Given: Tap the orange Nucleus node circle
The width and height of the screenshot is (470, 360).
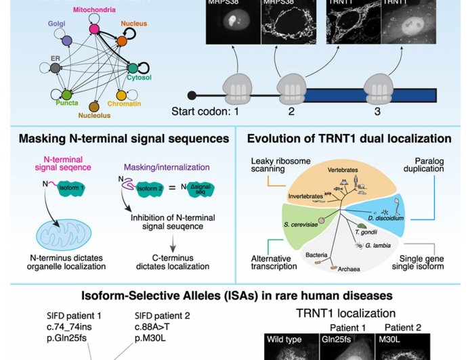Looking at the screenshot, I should (x=122, y=41).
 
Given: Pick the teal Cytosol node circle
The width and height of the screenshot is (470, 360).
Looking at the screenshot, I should (x=133, y=68).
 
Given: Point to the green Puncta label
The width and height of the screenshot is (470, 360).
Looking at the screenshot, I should (x=67, y=104).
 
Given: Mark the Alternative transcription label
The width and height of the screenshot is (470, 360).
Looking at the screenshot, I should (x=272, y=261).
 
